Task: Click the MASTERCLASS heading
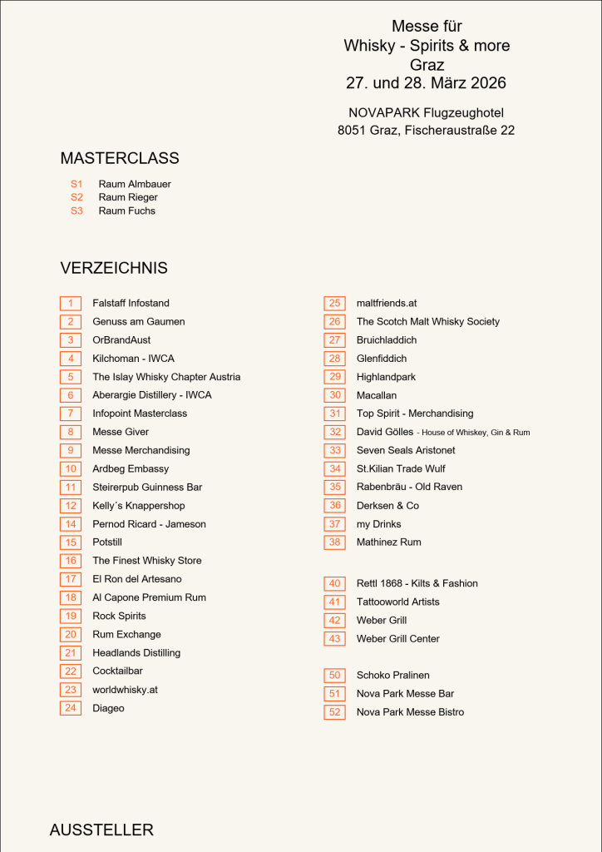120,158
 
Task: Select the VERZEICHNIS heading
114,268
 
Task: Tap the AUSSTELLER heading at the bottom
101,830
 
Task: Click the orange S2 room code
76,197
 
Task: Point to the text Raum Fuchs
126,211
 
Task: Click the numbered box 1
71,304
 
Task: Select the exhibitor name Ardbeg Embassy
131,468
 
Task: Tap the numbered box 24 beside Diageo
71,708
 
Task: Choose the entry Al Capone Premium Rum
149,597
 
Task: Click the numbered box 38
334,542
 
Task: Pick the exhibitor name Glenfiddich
382,359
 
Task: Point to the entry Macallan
377,395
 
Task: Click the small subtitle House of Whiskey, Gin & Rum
473,433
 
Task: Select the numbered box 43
334,639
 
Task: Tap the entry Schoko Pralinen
393,675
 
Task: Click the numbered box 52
334,712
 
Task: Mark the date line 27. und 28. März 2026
426,83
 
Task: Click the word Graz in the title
427,65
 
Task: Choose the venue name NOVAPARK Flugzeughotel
426,112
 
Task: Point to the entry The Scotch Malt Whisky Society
428,321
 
